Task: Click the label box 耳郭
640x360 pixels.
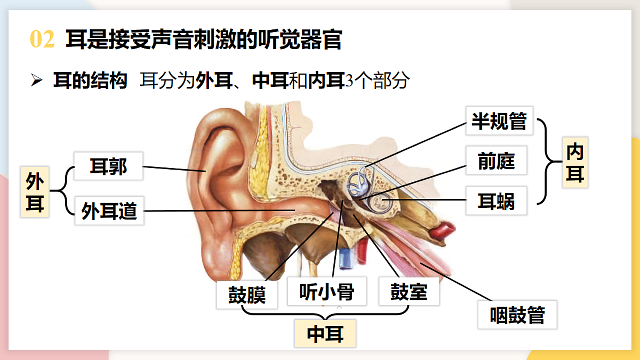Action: click(108, 166)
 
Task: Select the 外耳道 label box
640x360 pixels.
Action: click(109, 211)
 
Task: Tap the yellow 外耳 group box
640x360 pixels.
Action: click(35, 192)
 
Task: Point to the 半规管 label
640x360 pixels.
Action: click(499, 121)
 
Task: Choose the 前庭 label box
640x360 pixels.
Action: click(497, 161)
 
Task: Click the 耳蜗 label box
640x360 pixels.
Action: click(497, 201)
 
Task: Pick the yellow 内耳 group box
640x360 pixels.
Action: click(575, 163)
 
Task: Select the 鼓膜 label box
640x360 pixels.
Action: click(247, 294)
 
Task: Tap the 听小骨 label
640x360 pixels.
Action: click(327, 291)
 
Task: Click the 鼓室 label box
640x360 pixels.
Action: click(409, 291)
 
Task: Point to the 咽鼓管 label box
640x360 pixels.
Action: click(517, 315)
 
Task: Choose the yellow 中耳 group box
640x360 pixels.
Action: click(325, 333)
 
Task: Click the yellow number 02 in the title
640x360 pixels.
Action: click(42, 39)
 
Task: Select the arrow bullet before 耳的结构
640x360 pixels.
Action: click(37, 79)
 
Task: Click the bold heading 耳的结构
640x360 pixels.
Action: click(90, 81)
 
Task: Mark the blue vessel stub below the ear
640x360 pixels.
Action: click(345, 259)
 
